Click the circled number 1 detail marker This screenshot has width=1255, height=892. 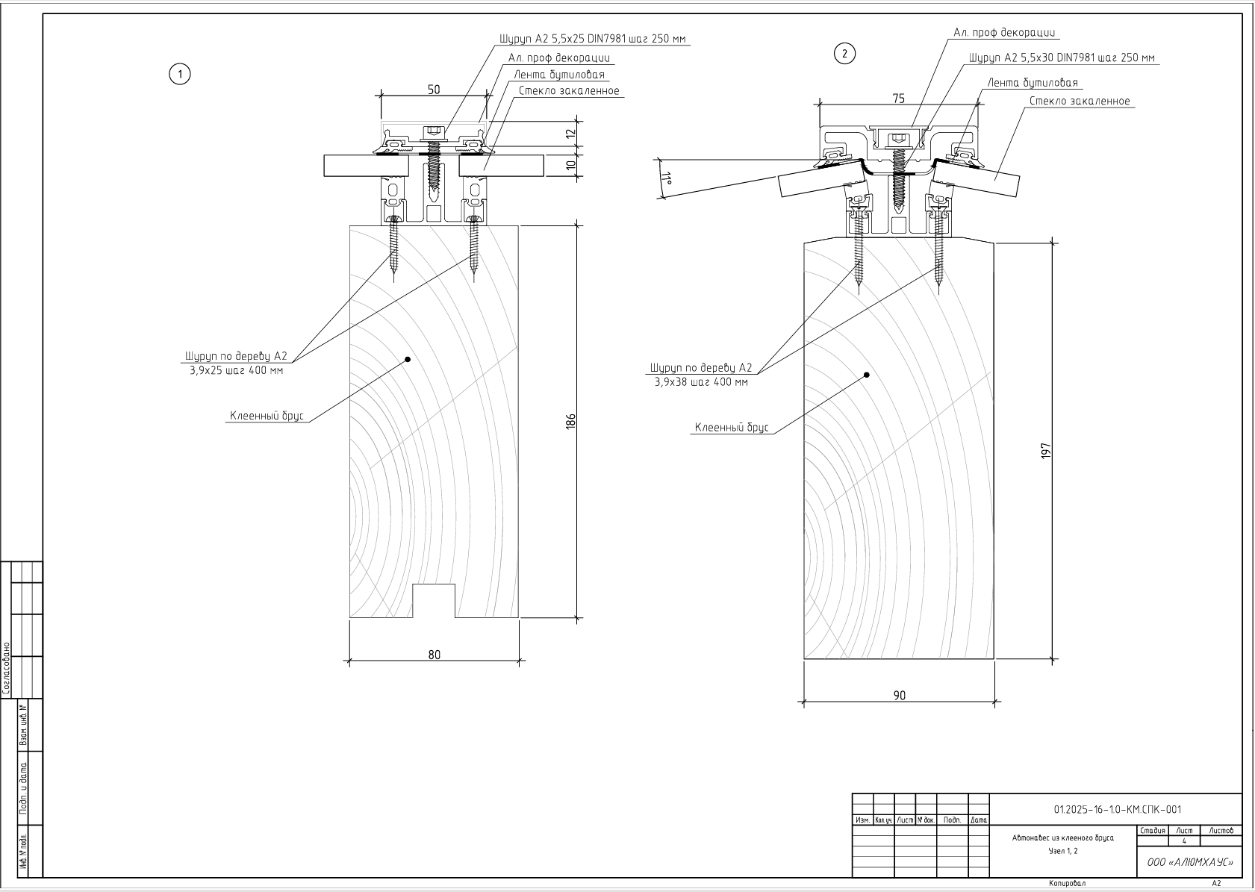click(x=179, y=74)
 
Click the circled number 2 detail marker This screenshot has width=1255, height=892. click(x=844, y=54)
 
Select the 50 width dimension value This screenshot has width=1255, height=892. click(x=434, y=90)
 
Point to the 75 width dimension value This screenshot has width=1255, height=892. click(x=898, y=99)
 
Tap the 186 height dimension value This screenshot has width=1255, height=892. click(x=571, y=422)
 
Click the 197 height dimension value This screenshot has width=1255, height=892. click(x=1046, y=451)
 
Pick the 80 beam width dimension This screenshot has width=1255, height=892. click(x=434, y=655)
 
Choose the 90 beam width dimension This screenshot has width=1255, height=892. click(x=899, y=695)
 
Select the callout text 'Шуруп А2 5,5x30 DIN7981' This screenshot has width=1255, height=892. click(x=1062, y=57)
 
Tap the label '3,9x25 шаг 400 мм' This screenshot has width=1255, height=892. click(x=236, y=369)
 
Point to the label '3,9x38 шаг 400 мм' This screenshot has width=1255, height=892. click(x=700, y=381)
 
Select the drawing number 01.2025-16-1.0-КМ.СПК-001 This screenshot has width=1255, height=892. click(x=1117, y=809)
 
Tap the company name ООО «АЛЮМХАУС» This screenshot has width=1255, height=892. click(x=1189, y=862)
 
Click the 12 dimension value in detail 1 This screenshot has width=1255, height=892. click(x=571, y=134)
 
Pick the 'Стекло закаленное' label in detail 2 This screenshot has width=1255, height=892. click(x=1080, y=102)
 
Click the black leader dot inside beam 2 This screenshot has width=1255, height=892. click(x=867, y=375)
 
